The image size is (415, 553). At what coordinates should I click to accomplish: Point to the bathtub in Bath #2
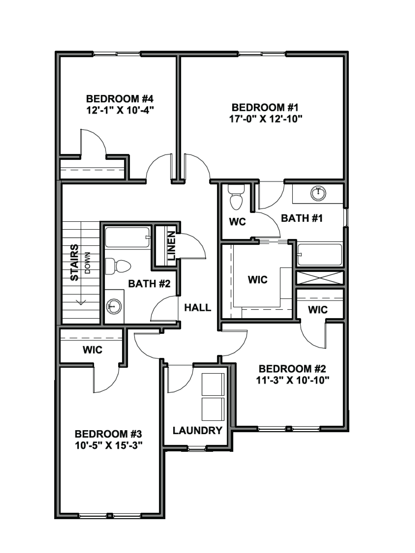(128, 237)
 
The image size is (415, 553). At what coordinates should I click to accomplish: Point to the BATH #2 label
(149, 284)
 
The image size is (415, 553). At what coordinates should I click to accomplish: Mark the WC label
(237, 222)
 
